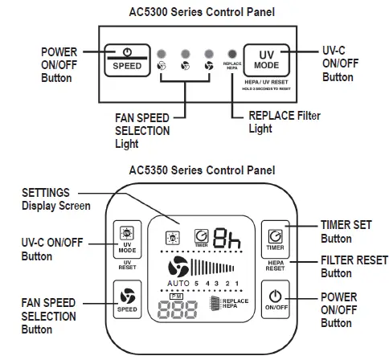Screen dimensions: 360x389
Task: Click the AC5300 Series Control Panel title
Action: tap(194, 12)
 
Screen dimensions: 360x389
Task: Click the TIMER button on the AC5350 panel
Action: tap(274, 238)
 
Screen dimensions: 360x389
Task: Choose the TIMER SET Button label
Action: tap(346, 231)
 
